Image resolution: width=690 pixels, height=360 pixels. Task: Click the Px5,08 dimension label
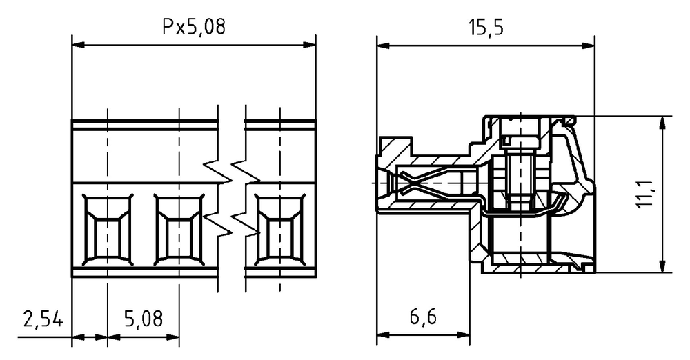coord(194,27)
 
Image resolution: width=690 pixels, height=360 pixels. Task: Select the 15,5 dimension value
coord(485,28)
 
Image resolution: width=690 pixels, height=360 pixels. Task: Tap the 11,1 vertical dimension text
coord(644,194)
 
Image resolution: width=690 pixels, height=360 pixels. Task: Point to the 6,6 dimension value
coord(423,317)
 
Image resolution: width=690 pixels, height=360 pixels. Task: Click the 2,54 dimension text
coord(43,319)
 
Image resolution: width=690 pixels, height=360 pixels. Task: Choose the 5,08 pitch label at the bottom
coord(143,319)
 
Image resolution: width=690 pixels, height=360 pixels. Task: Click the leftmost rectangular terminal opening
coord(108,230)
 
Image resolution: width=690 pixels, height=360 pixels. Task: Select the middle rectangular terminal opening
coord(179,230)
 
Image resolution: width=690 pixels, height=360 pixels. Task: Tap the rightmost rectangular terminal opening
coord(280,230)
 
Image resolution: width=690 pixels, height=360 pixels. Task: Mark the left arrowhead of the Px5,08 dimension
coord(78,45)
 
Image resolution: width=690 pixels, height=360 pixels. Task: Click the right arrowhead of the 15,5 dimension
coord(589,46)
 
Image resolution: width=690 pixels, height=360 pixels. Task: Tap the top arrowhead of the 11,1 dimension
coord(662,123)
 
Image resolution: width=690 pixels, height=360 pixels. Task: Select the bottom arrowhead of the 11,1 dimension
coord(662,266)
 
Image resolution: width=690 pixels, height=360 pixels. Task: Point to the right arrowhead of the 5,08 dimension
coord(172,337)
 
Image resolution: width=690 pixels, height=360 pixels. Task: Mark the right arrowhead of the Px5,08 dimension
coord(309,45)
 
